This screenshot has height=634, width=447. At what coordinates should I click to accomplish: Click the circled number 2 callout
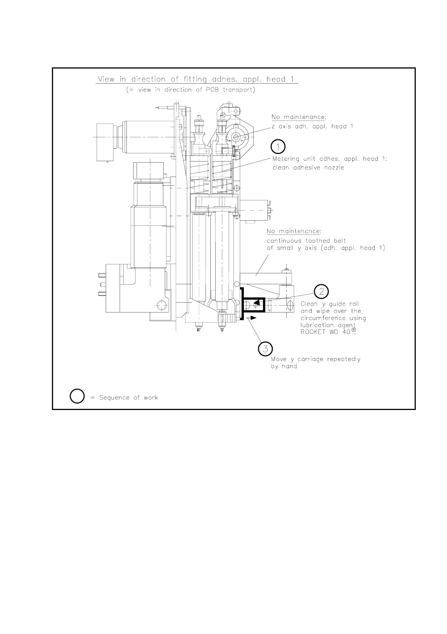click(321, 291)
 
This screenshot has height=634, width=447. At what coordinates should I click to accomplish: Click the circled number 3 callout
click(265, 349)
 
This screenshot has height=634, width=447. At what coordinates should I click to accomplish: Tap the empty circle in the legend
click(77, 397)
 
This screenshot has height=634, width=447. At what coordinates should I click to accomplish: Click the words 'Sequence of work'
click(128, 398)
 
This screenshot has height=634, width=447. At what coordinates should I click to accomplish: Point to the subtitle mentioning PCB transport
click(191, 90)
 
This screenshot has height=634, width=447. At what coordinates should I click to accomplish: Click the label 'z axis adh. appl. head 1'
click(312, 126)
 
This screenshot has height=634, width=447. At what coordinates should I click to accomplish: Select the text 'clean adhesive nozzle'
click(308, 168)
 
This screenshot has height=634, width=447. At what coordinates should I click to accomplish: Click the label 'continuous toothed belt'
click(306, 241)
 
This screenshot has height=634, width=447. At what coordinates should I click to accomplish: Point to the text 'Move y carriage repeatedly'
click(316, 359)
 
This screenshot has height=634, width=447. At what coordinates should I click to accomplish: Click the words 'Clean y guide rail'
click(330, 304)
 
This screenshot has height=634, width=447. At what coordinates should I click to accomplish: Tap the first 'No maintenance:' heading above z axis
click(299, 117)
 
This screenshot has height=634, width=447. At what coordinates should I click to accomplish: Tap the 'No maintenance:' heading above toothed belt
click(294, 231)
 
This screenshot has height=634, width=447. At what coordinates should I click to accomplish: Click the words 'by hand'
click(284, 366)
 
